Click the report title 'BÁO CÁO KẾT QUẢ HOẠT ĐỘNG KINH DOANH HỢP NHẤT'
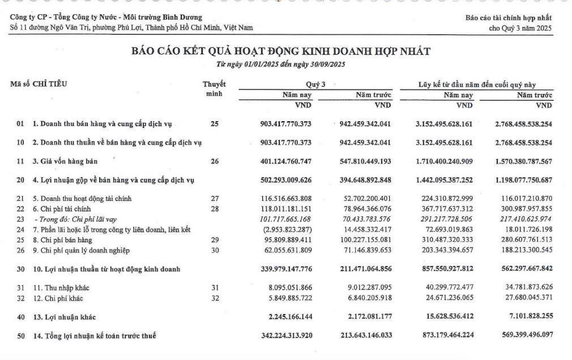point(281,52)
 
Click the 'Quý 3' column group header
point(315,85)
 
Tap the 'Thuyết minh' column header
point(214,89)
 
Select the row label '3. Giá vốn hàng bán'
point(65,161)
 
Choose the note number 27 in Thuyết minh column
point(214,199)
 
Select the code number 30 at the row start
point(20,268)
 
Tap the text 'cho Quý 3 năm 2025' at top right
point(520,28)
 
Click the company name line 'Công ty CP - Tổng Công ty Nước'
point(106,18)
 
